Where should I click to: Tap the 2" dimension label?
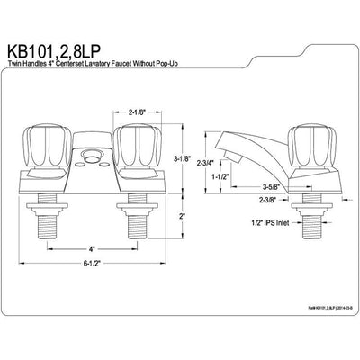pyautogui.click(x=181, y=216)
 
